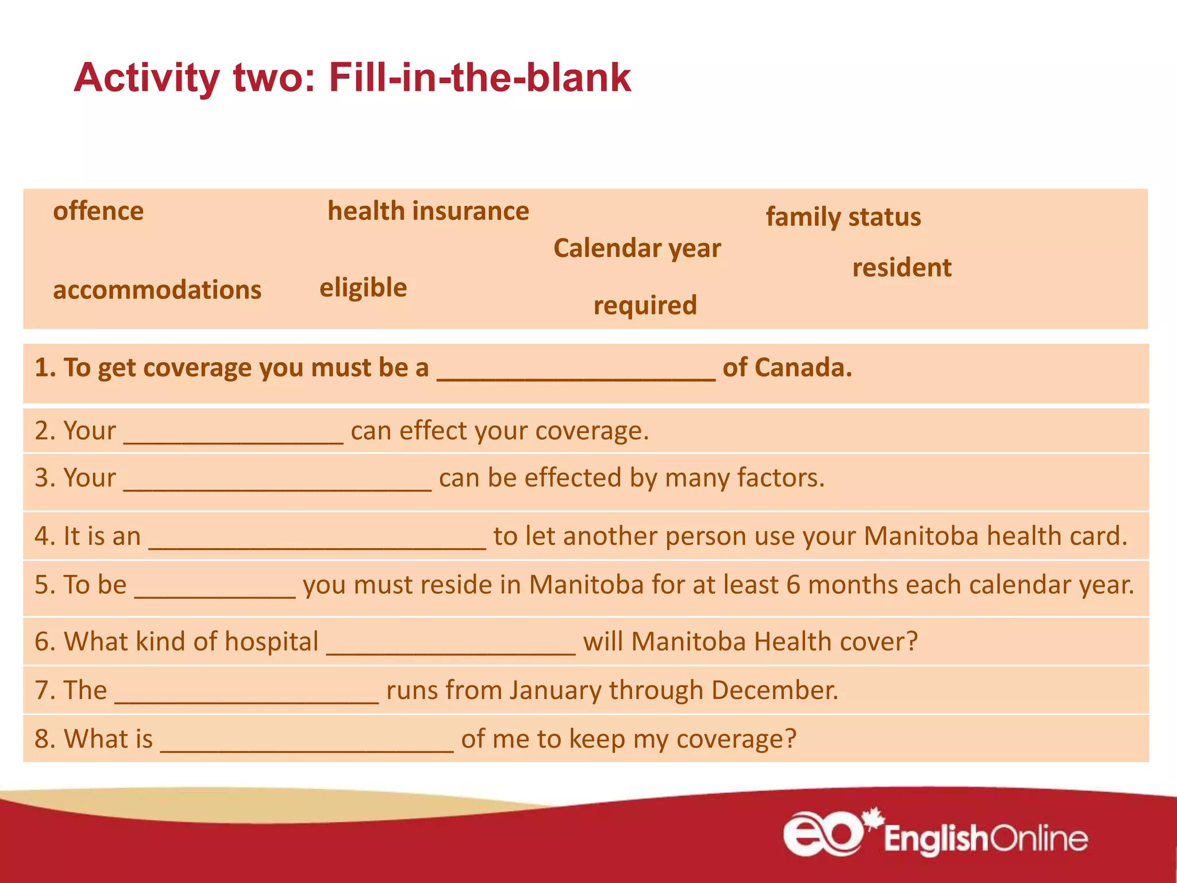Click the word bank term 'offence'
pos(98,212)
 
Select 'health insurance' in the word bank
pos(428,212)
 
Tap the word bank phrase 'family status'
pos(843,217)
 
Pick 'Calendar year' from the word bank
pos(637,248)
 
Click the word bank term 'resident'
pos(902,268)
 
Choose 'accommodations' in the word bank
pos(157,290)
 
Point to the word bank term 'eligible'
pos(363,287)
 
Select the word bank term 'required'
pos(645,305)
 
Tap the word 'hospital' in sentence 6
pos(272,642)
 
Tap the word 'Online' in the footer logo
pos(1040,840)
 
